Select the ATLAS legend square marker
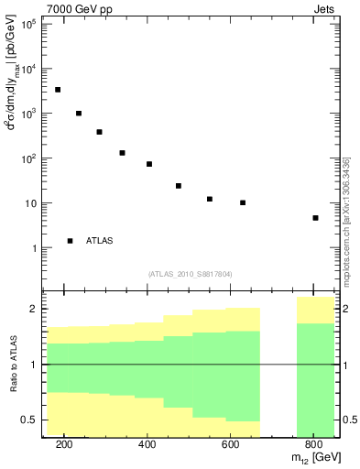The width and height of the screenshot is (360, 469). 70,241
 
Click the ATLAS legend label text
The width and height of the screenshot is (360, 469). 100,241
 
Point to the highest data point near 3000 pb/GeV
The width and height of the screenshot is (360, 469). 58,90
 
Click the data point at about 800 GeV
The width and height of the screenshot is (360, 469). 315,218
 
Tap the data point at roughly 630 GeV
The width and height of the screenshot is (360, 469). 243,202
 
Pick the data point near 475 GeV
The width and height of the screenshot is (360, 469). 179,186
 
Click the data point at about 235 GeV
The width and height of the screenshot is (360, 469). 79,114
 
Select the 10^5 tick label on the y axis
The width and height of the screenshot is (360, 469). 29,24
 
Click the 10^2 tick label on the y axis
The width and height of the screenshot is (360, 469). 29,158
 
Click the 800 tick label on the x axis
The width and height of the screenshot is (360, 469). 313,444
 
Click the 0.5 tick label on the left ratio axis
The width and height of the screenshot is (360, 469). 29,420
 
